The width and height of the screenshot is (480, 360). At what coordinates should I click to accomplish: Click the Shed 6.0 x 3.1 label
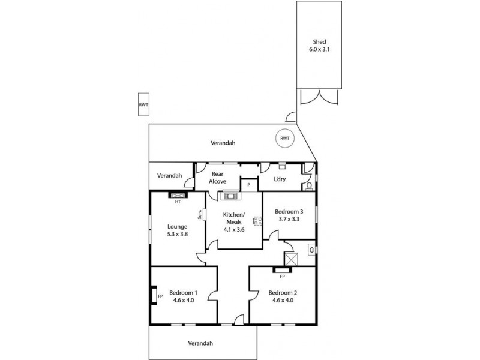click(319, 46)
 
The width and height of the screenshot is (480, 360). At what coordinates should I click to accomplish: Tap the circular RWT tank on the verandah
click(285, 139)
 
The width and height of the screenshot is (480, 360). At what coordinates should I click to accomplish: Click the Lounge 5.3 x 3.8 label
click(177, 230)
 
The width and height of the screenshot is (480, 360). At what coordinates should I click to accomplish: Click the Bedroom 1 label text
click(182, 296)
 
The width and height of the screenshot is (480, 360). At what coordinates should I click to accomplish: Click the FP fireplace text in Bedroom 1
click(160, 296)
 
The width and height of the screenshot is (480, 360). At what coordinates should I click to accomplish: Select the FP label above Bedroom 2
click(281, 277)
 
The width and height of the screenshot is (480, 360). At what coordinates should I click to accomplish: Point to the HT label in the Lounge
click(178, 202)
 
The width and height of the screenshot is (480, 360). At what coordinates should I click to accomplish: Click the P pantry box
click(248, 185)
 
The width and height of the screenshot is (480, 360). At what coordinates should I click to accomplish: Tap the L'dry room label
click(279, 180)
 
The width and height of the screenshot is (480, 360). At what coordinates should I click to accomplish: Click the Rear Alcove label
click(218, 177)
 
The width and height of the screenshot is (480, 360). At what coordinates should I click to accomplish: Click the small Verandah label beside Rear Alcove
click(169, 176)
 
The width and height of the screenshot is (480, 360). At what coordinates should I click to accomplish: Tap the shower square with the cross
click(292, 259)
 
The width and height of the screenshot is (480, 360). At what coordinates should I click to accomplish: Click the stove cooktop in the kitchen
click(230, 194)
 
